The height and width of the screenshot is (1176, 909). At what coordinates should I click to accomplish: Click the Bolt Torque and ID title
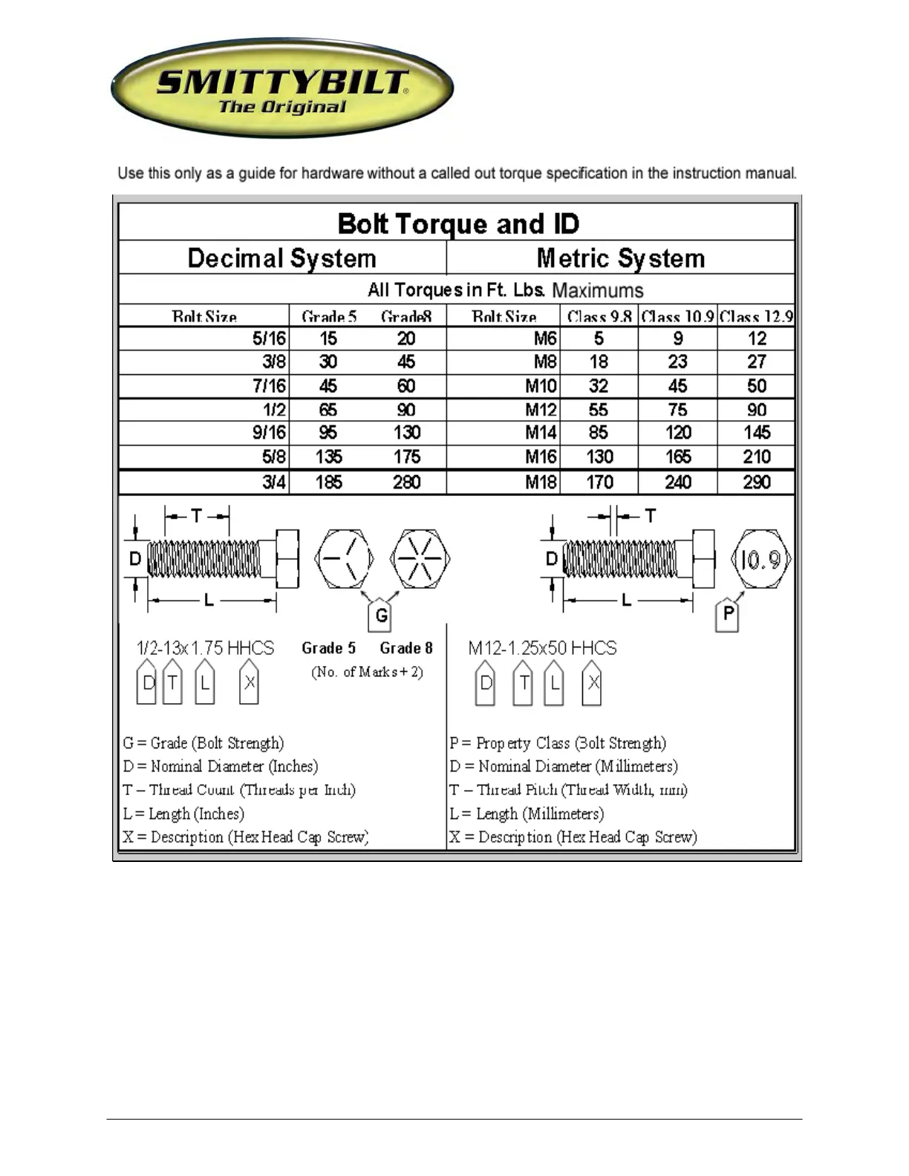[457, 223]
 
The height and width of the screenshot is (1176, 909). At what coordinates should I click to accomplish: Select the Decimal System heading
[281, 258]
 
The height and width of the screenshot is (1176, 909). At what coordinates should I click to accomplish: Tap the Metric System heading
[620, 258]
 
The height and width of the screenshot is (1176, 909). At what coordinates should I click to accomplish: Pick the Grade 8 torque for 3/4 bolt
[406, 483]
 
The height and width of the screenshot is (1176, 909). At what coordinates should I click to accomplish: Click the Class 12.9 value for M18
[756, 483]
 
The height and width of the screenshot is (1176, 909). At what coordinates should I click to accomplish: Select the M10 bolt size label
[541, 386]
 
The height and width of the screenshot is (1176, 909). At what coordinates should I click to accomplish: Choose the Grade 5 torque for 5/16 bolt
[328, 339]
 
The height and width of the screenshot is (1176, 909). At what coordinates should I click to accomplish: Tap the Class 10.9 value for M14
[677, 433]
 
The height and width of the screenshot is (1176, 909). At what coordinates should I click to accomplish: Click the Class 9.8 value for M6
[599, 339]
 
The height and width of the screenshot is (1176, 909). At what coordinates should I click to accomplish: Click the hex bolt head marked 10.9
[760, 559]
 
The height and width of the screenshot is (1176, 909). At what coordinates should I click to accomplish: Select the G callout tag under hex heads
[381, 615]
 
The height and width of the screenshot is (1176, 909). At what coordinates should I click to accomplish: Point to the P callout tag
[728, 613]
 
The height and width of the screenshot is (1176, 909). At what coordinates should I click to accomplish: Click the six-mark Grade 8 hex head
[420, 559]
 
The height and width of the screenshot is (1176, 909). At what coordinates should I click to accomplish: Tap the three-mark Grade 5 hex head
[344, 559]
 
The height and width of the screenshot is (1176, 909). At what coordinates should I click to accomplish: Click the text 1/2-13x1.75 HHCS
[206, 648]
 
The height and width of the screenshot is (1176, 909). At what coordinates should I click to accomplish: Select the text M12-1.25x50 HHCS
[542, 648]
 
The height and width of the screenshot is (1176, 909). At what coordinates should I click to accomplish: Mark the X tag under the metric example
[592, 683]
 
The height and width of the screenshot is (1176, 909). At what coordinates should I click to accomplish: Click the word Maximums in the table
[598, 290]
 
